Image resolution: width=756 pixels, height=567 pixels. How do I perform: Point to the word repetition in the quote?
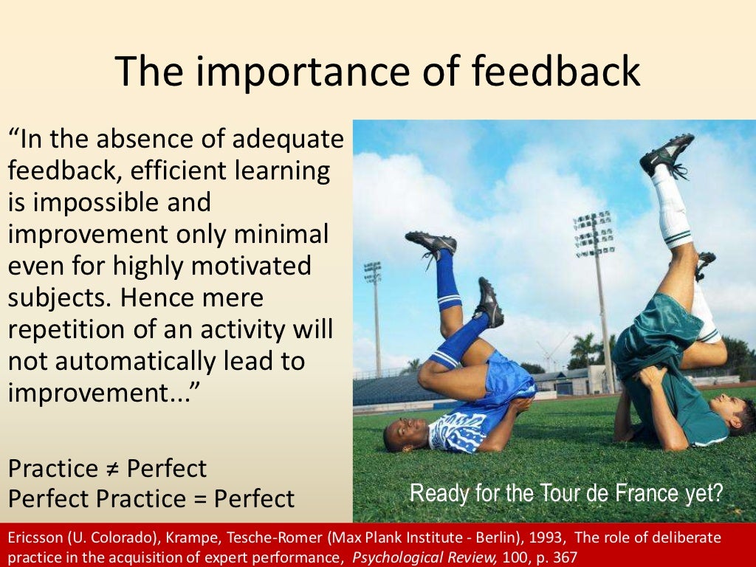coord(71,330)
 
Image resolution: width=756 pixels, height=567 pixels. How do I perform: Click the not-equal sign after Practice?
coord(112,468)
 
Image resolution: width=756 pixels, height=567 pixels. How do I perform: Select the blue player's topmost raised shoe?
coord(431,243)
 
